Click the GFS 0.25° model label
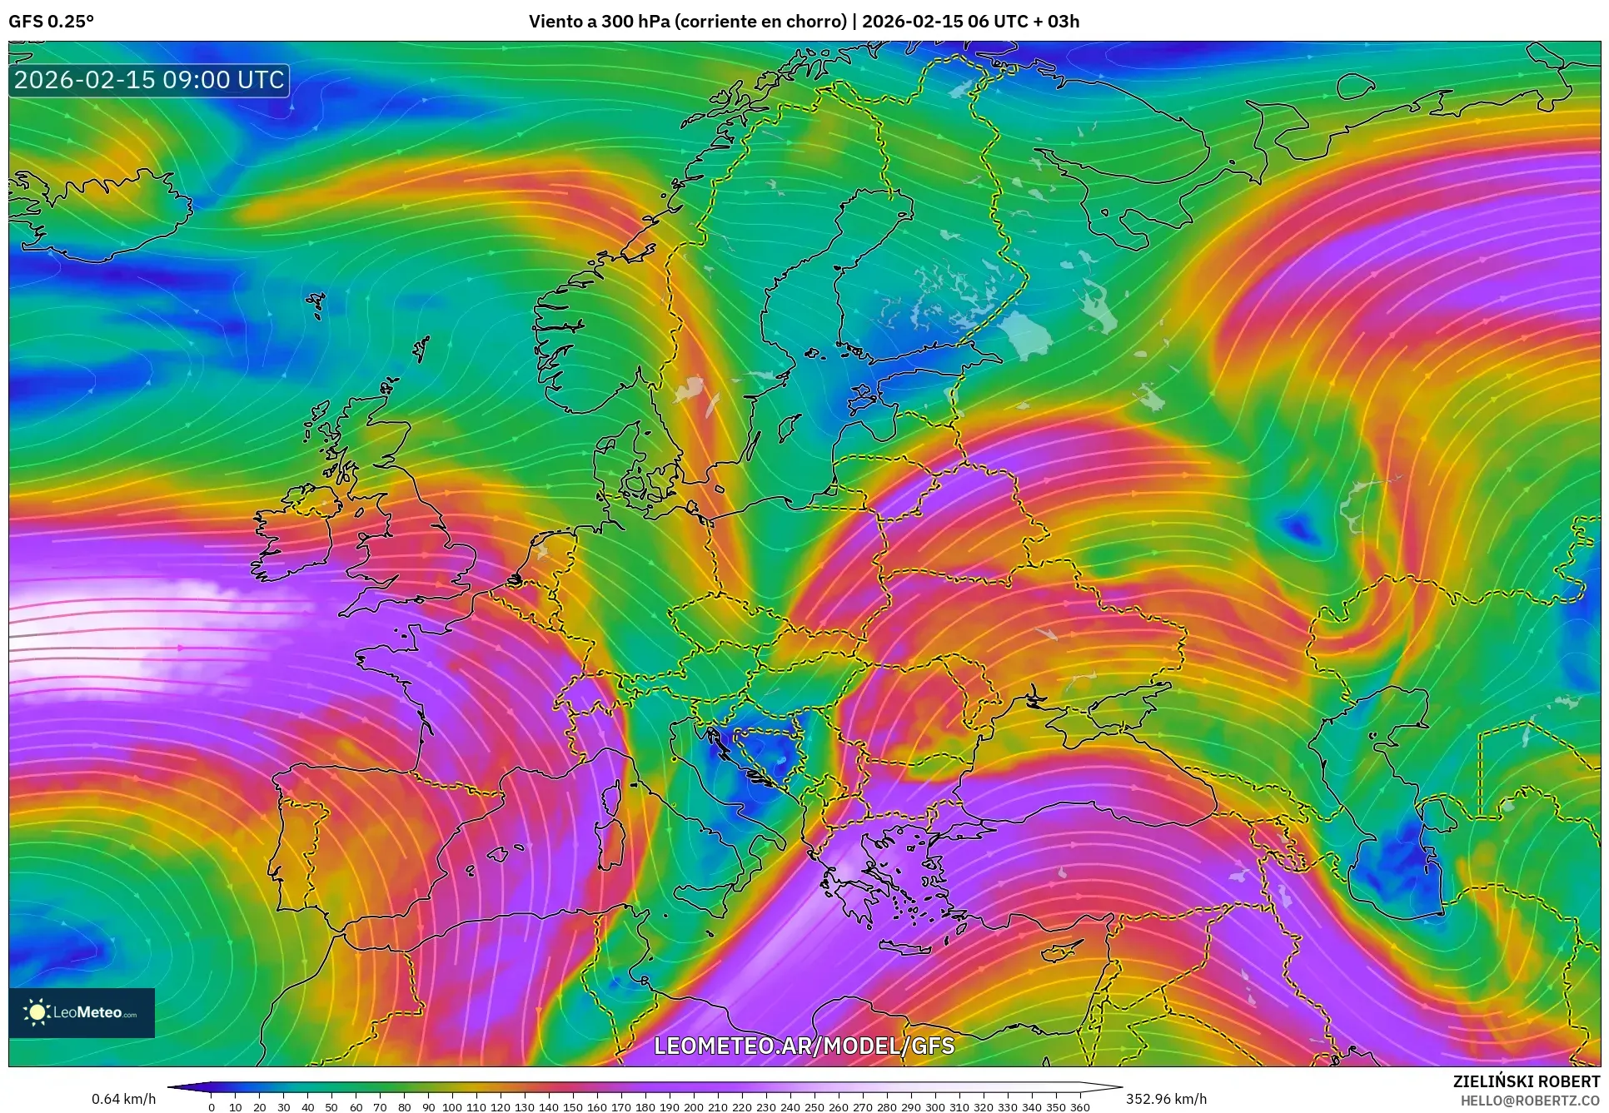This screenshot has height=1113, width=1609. click(51, 22)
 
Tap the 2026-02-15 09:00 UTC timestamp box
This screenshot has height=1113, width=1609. click(149, 80)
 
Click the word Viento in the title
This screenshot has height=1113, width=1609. click(555, 22)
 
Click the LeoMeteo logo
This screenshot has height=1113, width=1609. click(82, 1012)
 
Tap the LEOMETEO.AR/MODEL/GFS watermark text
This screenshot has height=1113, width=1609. click(804, 1046)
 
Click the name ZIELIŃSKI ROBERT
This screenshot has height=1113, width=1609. click(1526, 1081)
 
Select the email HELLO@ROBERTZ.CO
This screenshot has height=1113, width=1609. click(1529, 1101)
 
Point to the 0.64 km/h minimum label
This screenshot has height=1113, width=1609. click(123, 1099)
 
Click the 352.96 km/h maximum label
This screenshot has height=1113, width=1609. click(1166, 1099)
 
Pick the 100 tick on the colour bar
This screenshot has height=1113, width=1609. click(451, 1107)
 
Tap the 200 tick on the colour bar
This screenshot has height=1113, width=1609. click(693, 1107)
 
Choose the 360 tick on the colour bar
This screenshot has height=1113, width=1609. click(1079, 1107)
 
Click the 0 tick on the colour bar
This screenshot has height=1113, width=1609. click(212, 1107)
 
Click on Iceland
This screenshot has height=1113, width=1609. click(100, 208)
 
